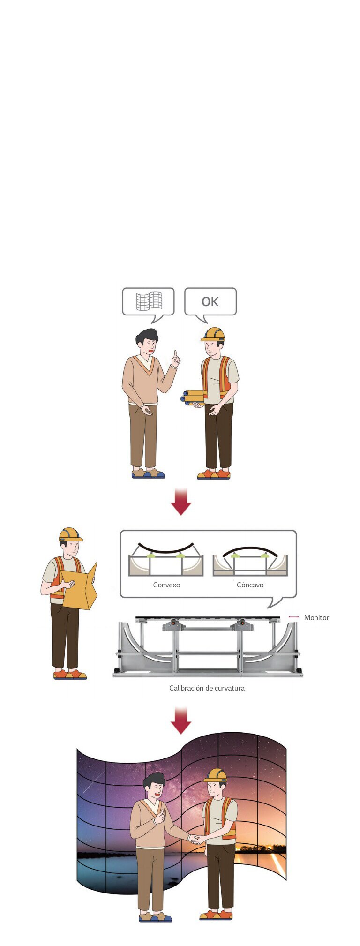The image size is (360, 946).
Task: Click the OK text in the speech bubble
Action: pos(210,301)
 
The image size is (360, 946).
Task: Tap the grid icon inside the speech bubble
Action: pos(149,301)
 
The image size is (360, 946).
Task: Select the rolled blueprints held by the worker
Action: pos(192,398)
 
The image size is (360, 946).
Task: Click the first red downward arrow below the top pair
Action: pos(180,502)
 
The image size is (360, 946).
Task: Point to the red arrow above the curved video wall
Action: pos(180,721)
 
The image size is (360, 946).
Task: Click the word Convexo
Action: pos(166,585)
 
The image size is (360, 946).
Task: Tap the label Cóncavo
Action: pos(250,585)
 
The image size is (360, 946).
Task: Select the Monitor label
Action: pos(316,618)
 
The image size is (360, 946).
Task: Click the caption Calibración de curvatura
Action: pos(207,688)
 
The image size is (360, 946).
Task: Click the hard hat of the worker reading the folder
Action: pos(70,535)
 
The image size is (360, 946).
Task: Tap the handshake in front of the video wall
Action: pos(195,839)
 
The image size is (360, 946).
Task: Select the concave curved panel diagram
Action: pos(250,561)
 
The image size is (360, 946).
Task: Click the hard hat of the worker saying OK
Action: pos(213,334)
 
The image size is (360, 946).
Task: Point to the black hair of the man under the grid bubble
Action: pos(146,337)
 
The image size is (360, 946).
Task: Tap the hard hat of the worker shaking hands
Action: pos(215,775)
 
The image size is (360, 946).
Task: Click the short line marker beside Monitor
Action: pos(293,617)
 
